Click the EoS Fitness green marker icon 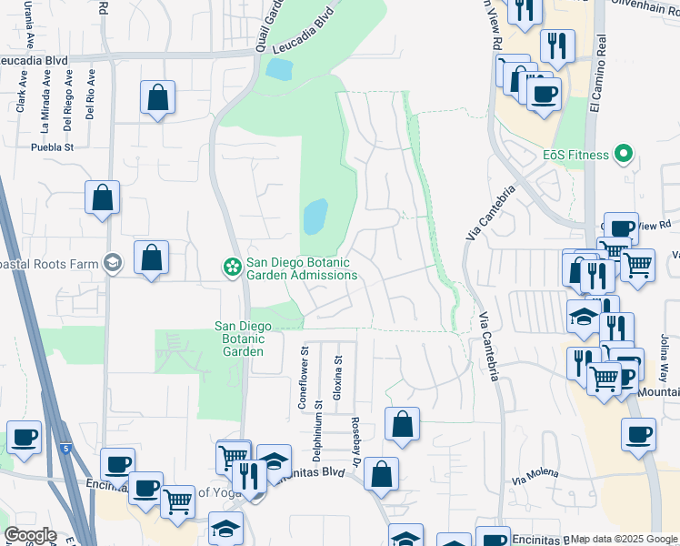[x=623, y=155]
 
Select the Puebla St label [x=52, y=147]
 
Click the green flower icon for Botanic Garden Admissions [x=232, y=267]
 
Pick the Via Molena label [x=533, y=478]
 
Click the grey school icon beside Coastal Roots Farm [x=113, y=263]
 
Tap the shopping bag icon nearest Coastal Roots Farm [x=151, y=258]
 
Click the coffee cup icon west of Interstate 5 [x=24, y=437]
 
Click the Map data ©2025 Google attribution [x=624, y=539]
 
